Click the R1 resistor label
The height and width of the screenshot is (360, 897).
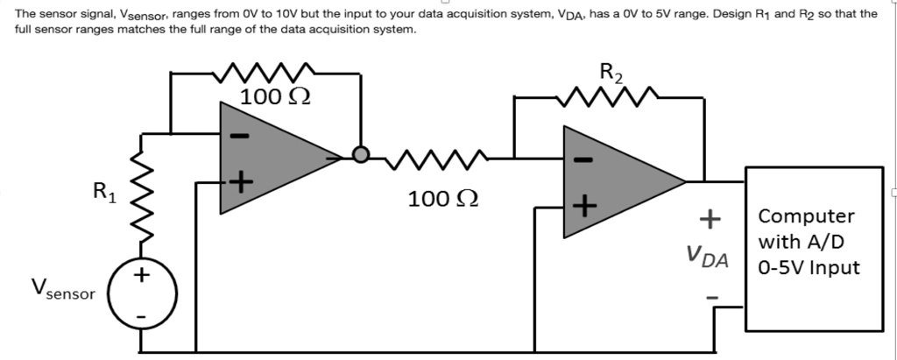[102, 190]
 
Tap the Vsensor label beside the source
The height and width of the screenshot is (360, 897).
[62, 290]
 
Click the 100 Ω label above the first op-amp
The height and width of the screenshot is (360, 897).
[272, 96]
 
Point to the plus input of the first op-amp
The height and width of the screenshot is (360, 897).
[240, 182]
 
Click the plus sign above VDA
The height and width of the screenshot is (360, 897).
[709, 216]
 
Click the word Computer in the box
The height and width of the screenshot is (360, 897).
[805, 216]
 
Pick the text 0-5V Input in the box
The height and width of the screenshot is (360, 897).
[809, 267]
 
